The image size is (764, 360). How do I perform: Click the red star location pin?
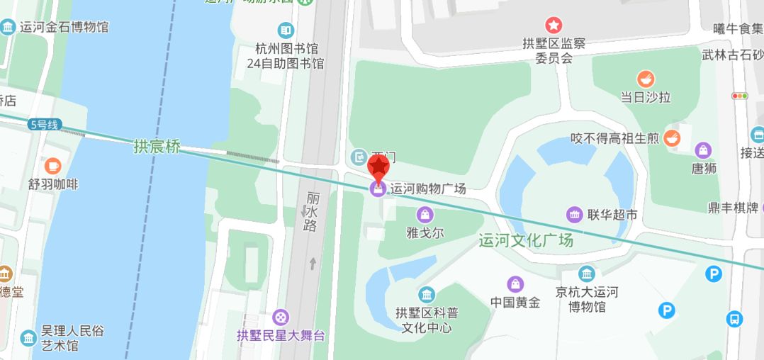(x=379, y=167)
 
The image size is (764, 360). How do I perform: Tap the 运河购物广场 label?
(x=428, y=189)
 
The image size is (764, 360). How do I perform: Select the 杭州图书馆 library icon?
(x=286, y=30)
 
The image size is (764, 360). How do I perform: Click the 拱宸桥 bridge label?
(x=157, y=147)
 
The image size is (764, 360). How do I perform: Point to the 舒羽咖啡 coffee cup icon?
(x=53, y=166)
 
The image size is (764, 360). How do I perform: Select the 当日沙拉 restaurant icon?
(x=646, y=79)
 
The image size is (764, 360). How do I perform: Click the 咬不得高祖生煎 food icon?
(x=672, y=138)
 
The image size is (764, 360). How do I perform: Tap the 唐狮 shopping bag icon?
(x=703, y=150)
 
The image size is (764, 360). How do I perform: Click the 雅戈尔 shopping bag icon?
(x=425, y=214)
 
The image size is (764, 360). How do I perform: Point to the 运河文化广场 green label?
(x=526, y=240)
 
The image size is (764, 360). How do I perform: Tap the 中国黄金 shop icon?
(x=515, y=284)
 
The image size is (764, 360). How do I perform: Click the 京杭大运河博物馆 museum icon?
(x=586, y=274)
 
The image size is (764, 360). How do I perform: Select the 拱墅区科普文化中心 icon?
(x=426, y=294)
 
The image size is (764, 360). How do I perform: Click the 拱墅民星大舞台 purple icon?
(x=281, y=317)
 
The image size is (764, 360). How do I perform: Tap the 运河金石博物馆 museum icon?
(x=8, y=28)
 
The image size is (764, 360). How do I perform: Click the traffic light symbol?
(x=740, y=96)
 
